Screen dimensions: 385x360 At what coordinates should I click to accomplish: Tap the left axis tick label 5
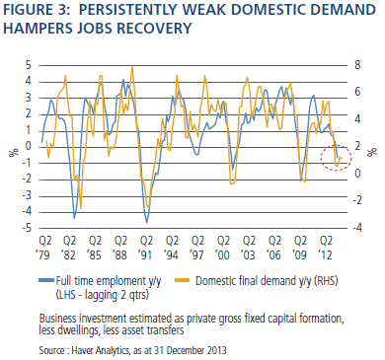click(29, 65)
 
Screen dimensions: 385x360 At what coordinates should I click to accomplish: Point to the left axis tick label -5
click(27, 228)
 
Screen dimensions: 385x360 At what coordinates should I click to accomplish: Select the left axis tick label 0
click(29, 147)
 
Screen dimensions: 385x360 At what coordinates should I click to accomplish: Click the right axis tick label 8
click(357, 65)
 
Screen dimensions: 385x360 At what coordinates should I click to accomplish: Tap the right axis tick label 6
click(357, 92)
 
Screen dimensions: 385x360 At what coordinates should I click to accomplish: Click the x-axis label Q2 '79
click(45, 248)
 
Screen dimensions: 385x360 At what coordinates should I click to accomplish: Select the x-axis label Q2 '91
click(147, 248)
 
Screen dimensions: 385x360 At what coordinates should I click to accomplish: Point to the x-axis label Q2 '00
click(223, 248)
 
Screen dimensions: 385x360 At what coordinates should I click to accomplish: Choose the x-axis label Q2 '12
click(326, 248)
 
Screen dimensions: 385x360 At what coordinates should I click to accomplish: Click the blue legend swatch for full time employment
click(46, 280)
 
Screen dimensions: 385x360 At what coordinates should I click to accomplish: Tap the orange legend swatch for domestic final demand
click(183, 280)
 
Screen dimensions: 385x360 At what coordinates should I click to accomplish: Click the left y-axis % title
click(14, 153)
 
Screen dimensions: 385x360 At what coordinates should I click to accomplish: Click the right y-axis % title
click(372, 152)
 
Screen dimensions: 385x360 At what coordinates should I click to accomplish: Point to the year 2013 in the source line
click(217, 350)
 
